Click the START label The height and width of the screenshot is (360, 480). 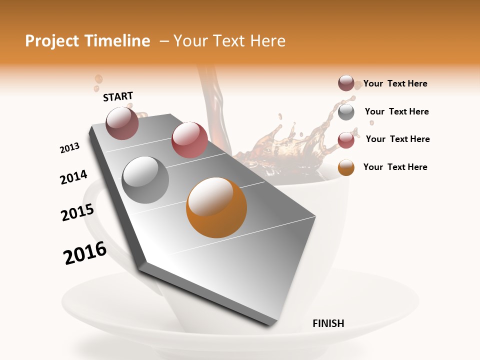pos(118,96)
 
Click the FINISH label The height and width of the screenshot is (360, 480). pos(328,323)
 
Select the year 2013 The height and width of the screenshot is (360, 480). pos(70,148)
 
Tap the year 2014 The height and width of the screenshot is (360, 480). pos(74,177)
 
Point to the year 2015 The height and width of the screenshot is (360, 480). pos(77,212)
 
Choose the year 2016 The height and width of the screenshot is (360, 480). pos(85,253)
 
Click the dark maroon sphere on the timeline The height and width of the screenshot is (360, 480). pos(122,123)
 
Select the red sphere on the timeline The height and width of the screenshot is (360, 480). pos(189,139)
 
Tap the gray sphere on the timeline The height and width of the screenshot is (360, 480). pos(145,179)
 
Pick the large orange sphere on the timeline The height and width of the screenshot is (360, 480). pos(216,207)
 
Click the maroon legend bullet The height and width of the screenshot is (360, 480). pos(346,83)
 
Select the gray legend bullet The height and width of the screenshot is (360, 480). pos(346,112)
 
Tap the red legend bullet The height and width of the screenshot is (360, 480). pos(346,140)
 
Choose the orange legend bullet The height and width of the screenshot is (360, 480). pos(346,167)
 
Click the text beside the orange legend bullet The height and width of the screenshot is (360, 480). pos(395,167)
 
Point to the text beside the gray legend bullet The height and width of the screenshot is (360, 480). pos(396,111)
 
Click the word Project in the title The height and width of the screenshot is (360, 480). pos(52,41)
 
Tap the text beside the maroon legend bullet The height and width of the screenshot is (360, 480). pos(395,83)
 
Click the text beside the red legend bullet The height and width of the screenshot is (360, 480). pos(397,139)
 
